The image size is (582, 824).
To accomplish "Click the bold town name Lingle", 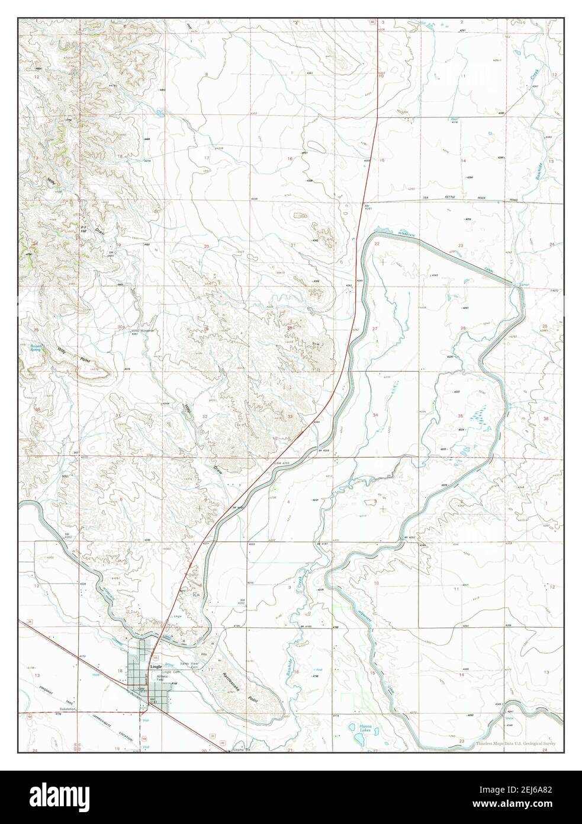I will [x=156, y=666].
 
